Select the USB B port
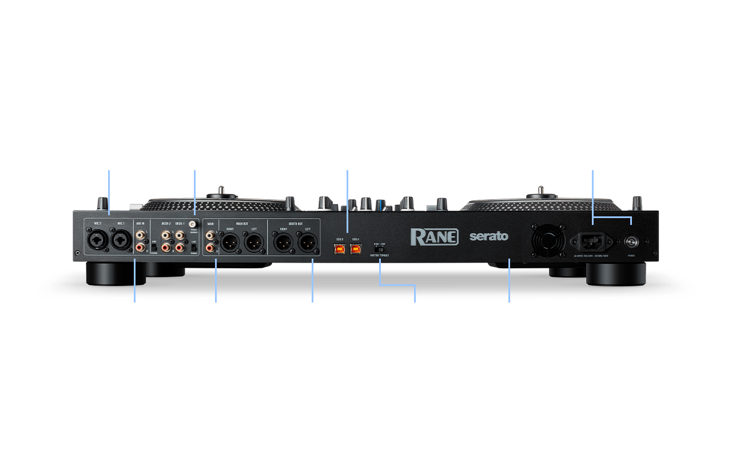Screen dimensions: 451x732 [340, 249]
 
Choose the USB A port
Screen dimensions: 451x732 [356, 249]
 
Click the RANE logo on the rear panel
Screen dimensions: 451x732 [434, 236]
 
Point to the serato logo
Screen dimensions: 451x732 [488, 236]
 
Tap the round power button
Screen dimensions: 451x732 [631, 241]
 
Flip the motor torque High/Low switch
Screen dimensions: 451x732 [380, 249]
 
